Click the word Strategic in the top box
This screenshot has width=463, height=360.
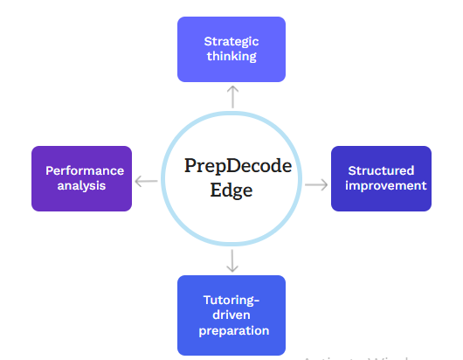[231, 42]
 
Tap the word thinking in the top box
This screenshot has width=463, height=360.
[231, 56]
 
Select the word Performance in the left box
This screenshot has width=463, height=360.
[85, 170]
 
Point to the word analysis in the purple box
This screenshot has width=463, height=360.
[81, 186]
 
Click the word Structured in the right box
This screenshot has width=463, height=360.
[381, 170]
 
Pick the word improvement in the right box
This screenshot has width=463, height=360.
[386, 186]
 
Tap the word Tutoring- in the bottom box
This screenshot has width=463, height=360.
[231, 301]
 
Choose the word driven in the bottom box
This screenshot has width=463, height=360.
[231, 315]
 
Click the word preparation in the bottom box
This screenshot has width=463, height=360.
[234, 331]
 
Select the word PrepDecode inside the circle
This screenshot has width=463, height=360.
[238, 166]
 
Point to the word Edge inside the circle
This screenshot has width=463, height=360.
[231, 190]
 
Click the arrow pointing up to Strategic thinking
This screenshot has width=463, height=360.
[232, 97]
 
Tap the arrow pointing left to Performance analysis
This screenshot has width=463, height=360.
[146, 181]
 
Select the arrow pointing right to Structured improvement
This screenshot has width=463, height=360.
[316, 185]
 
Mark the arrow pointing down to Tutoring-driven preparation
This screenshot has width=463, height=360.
[232, 260]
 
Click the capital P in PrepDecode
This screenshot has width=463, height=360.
[190, 165]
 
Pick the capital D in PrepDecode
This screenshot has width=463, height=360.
[235, 165]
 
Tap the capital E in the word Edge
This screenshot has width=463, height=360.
[216, 190]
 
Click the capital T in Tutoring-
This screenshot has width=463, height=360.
[208, 300]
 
